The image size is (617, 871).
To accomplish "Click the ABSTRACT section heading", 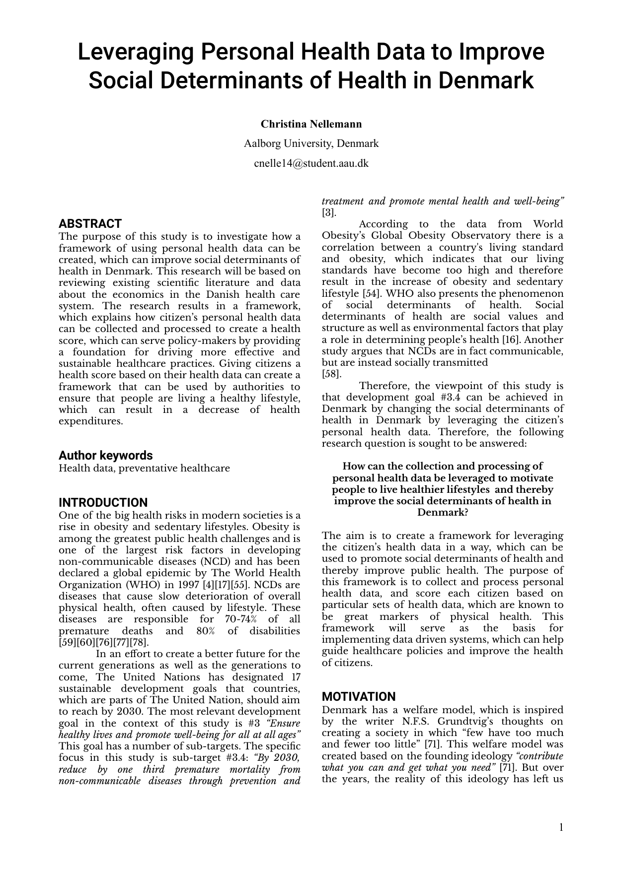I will [90, 223].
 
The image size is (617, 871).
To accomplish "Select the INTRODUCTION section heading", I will [103, 502].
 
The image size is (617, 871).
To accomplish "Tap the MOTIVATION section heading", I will [359, 696].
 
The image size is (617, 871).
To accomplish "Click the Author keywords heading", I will [105, 455].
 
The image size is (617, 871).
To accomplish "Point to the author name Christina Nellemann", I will [311, 124].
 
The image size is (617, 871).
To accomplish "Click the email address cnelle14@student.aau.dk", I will [311, 163].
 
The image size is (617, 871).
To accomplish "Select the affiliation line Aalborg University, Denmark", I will [311, 143].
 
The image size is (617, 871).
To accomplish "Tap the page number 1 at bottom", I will [561, 827].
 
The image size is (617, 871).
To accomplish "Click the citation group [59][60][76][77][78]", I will [103, 642].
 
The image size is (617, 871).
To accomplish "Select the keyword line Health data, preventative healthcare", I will [144, 468].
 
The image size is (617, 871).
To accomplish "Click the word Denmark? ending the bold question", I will [442, 512].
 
